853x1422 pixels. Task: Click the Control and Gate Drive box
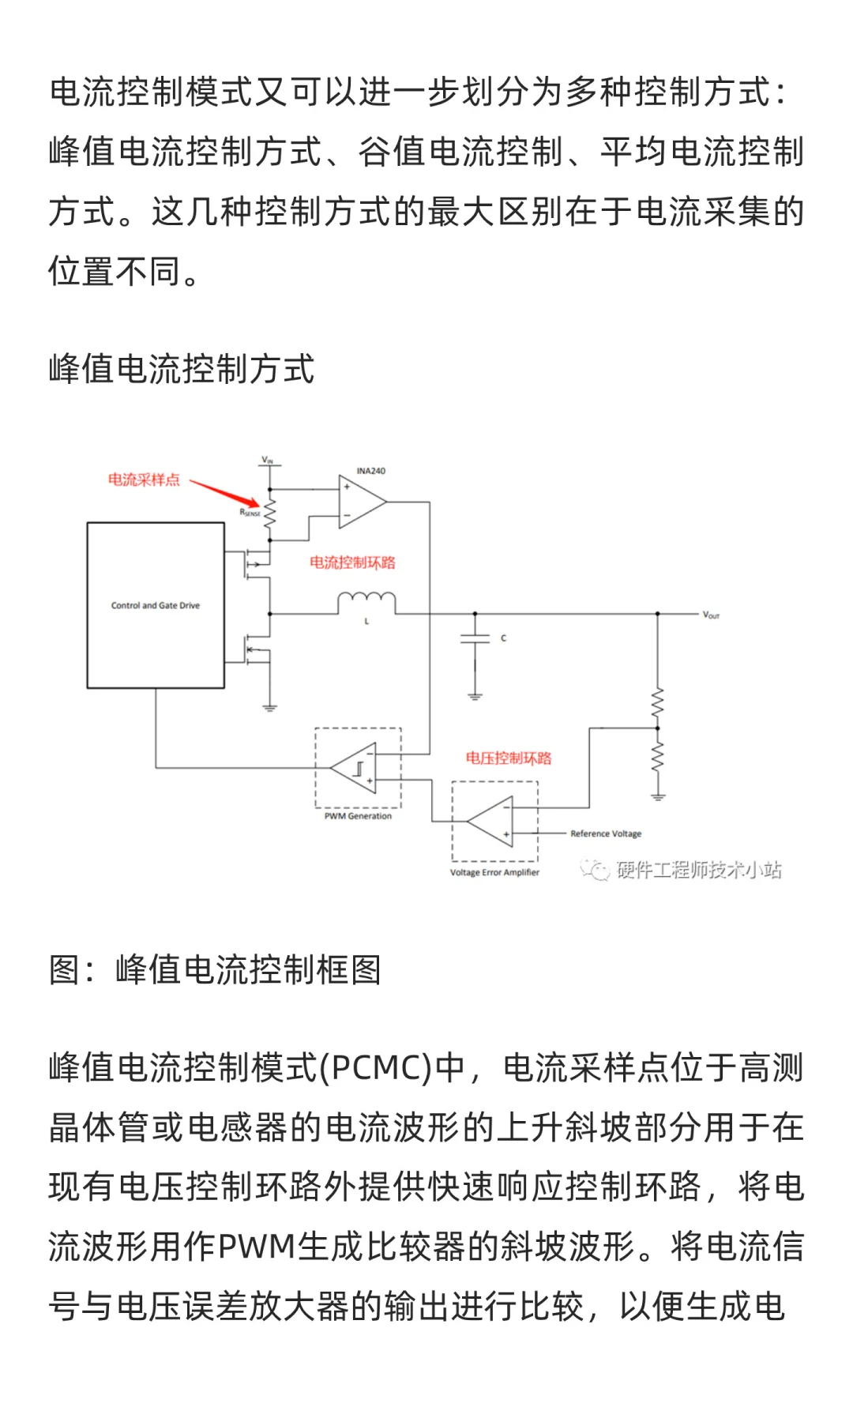(x=156, y=605)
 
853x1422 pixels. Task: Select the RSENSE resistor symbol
(x=270, y=514)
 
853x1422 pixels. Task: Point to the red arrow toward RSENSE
(x=225, y=492)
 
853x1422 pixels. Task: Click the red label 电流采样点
(x=144, y=480)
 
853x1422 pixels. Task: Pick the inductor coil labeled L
(x=366, y=603)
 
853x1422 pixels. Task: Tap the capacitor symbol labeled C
(x=475, y=638)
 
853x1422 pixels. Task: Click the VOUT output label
(x=711, y=615)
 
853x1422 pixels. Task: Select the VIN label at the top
(x=268, y=460)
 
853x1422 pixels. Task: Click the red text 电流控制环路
(x=352, y=562)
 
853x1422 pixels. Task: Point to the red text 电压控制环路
(x=509, y=758)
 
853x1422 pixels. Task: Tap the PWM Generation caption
(x=358, y=816)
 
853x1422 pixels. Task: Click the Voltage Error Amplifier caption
(x=494, y=872)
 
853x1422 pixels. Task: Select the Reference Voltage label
(x=606, y=833)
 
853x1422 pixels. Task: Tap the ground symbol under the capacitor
(x=475, y=696)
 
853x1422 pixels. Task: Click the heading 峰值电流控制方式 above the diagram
(x=182, y=369)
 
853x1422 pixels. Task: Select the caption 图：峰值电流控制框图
(x=215, y=969)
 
